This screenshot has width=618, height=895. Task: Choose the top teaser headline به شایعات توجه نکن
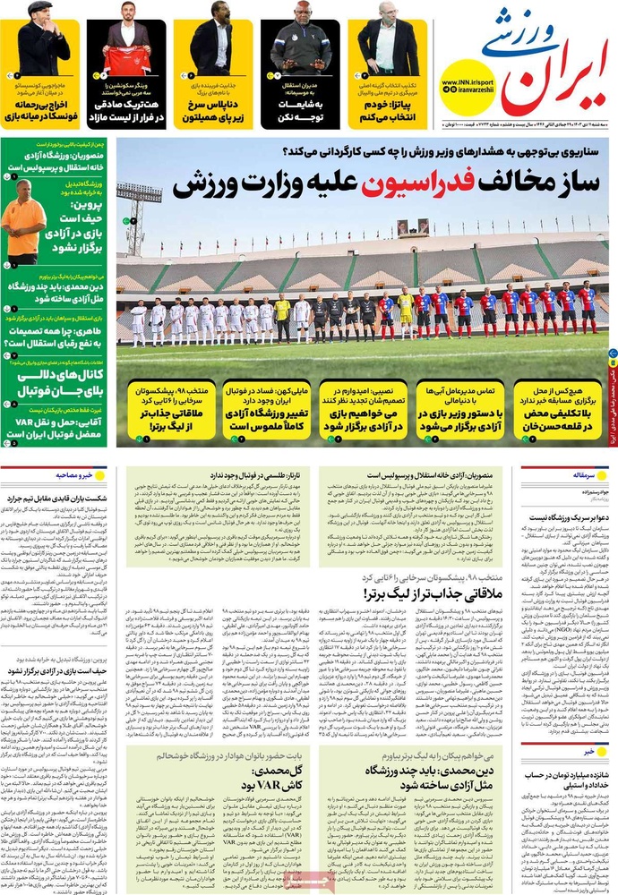300,110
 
